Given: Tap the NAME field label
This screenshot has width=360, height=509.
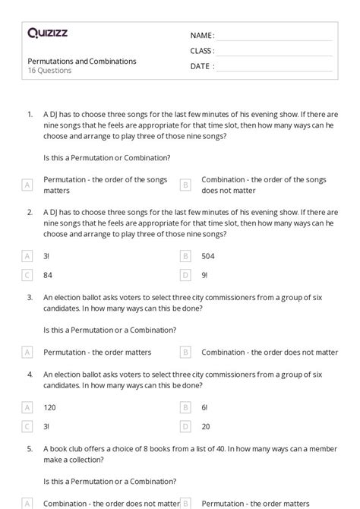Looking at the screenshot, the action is (x=202, y=36).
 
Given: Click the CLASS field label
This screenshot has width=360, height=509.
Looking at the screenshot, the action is (x=202, y=51).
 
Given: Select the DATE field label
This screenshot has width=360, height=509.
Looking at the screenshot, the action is (x=202, y=66).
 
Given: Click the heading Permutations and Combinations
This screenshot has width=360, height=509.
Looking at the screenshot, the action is (x=82, y=61).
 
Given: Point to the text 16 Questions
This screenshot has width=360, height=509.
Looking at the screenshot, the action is (x=49, y=71).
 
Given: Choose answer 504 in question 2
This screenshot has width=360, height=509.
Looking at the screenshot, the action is (x=208, y=257).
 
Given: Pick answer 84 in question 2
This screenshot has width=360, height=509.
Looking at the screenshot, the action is (x=48, y=275).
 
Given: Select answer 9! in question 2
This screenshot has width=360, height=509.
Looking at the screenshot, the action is (x=205, y=275).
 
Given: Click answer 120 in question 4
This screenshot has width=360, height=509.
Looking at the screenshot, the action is (x=49, y=407).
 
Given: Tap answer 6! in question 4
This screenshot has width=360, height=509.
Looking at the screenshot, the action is (x=205, y=407).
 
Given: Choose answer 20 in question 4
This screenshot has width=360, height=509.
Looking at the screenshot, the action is (x=206, y=426).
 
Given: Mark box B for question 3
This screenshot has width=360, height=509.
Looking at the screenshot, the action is (x=185, y=353).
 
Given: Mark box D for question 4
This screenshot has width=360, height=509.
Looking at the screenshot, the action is (x=185, y=426).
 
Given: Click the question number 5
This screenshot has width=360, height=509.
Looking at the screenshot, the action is (x=29, y=449).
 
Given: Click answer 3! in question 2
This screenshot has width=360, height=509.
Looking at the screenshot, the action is (x=47, y=257).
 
